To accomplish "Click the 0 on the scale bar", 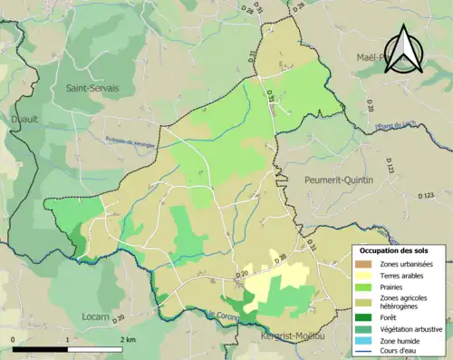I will (x=14, y=340).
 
